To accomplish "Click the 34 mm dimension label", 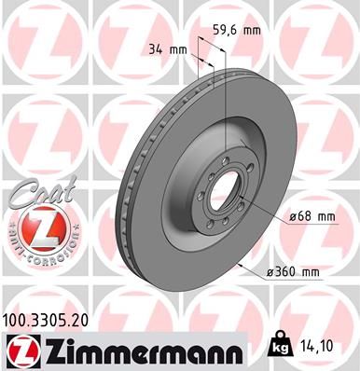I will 162,48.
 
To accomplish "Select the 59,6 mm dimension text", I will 236,28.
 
